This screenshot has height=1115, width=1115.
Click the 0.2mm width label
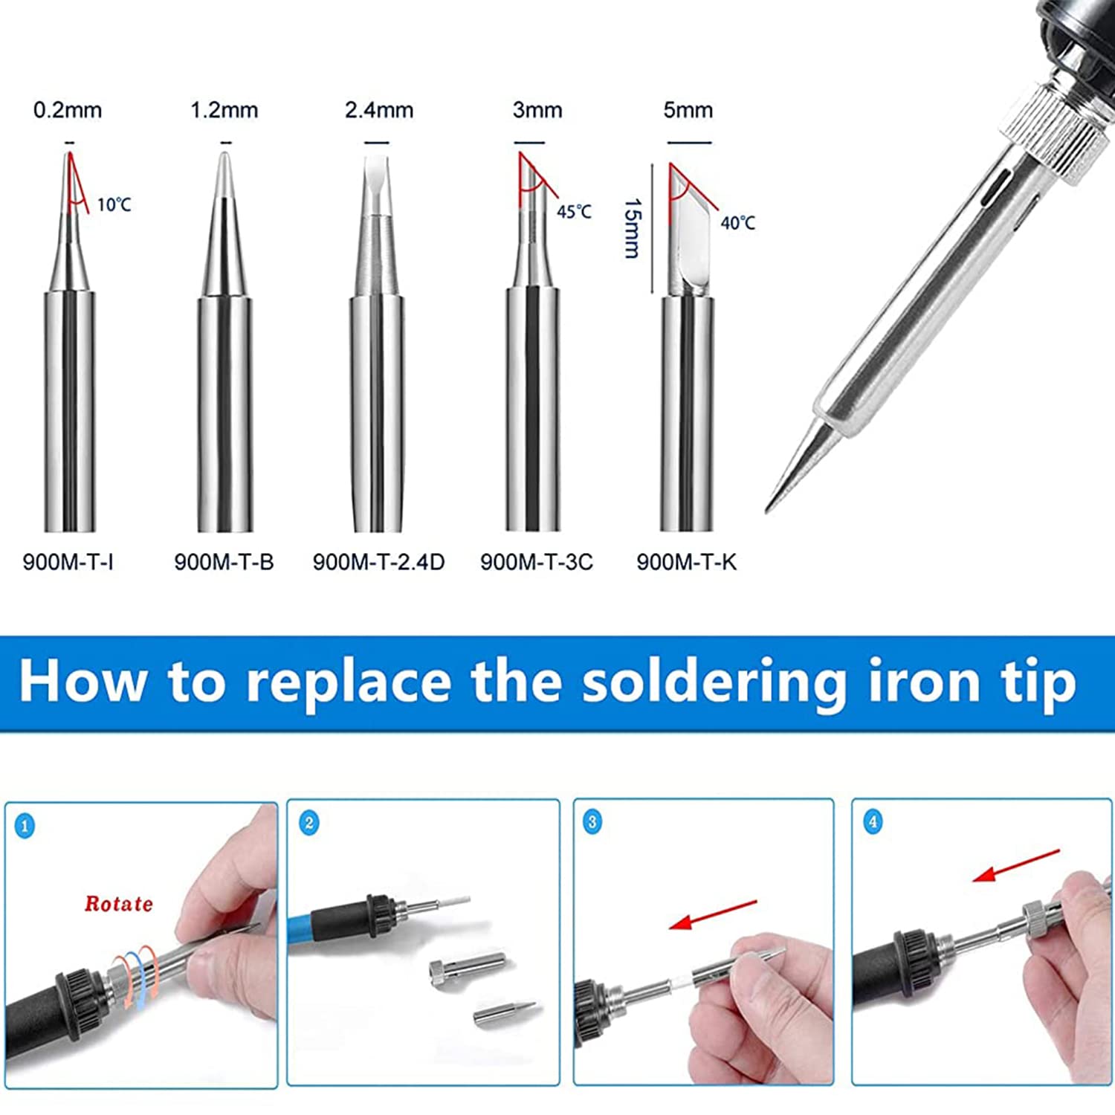click(x=68, y=111)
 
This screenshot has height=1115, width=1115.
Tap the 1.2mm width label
click(x=224, y=111)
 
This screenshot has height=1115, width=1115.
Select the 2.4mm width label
click(x=379, y=111)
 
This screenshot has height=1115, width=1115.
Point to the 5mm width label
click(x=688, y=111)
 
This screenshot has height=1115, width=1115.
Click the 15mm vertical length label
click(x=633, y=227)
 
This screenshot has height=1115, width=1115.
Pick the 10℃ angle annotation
click(x=114, y=204)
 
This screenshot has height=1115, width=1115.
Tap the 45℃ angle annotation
click(x=575, y=212)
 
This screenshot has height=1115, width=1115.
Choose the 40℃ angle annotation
click(x=738, y=222)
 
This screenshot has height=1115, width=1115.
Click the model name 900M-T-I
click(x=68, y=562)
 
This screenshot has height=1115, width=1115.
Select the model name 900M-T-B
click(x=224, y=562)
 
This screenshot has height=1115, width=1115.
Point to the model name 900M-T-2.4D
click(x=378, y=562)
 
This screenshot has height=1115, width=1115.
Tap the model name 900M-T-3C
click(x=537, y=562)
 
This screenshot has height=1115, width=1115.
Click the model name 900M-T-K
click(x=687, y=562)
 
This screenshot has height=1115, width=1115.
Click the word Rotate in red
click(x=119, y=904)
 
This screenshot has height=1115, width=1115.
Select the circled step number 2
click(x=309, y=823)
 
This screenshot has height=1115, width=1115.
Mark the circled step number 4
click(x=873, y=822)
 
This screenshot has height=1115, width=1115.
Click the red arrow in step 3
click(x=713, y=915)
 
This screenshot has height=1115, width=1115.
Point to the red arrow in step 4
click(x=1017, y=866)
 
